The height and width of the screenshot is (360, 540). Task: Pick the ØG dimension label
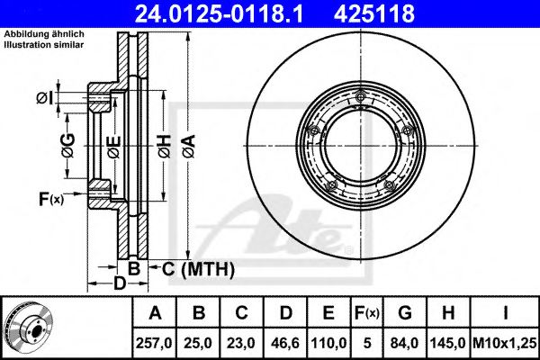(x=68, y=143)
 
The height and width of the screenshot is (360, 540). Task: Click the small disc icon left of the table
(x=27, y=328)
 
